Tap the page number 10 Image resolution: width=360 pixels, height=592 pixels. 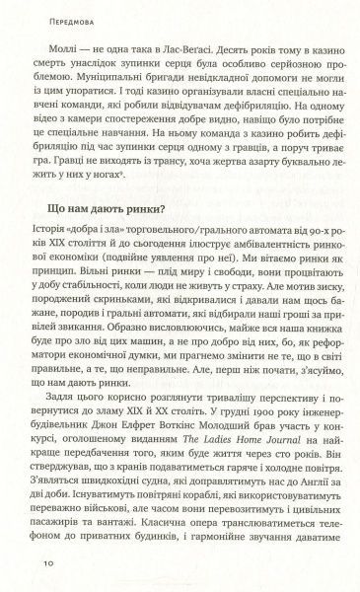point(44,563)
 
